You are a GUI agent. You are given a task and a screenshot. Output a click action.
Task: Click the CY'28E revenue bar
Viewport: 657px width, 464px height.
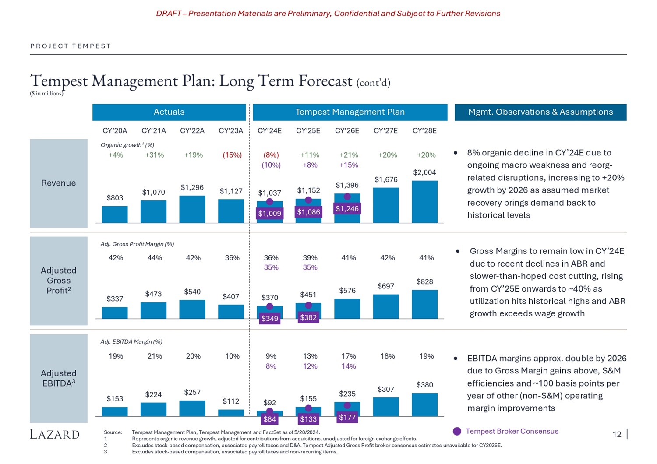424,202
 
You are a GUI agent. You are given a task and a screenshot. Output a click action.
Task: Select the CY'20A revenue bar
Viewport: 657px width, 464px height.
115,214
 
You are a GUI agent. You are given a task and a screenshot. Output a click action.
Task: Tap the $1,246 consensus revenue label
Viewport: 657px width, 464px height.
347,209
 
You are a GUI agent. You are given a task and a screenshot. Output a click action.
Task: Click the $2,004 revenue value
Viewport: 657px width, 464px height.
424,172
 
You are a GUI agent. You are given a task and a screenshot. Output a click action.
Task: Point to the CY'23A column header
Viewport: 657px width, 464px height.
231,130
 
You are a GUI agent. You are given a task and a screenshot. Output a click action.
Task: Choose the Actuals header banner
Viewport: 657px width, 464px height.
169,112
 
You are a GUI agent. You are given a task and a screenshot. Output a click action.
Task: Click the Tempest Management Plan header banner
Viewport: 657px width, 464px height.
350,112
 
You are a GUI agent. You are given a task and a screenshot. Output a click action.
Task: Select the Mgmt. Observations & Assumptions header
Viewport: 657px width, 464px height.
540,112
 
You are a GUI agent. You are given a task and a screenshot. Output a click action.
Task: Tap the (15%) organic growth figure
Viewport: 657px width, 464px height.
232,155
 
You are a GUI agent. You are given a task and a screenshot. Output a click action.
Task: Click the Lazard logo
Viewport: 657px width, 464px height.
55,434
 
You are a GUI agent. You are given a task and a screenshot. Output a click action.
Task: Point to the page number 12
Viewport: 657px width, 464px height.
617,434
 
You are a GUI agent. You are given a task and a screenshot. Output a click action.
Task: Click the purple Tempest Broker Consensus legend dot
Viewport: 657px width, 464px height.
457,431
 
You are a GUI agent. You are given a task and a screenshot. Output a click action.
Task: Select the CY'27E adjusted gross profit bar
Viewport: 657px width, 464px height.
386,306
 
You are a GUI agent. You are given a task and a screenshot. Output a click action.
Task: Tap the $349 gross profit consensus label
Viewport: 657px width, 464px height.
269,318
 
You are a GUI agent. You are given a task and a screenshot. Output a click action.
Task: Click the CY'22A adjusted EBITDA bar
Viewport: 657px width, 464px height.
192,408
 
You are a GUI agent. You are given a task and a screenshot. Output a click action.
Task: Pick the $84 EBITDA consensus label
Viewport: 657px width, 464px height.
269,419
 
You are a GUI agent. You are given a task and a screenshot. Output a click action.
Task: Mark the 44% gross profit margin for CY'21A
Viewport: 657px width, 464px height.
155,258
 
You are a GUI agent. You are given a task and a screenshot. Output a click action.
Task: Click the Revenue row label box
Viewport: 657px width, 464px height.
59,183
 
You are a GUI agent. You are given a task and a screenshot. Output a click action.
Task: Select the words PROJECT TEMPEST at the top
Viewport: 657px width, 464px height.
71,46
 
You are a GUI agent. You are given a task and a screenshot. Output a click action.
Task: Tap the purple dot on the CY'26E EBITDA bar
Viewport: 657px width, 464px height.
347,405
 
